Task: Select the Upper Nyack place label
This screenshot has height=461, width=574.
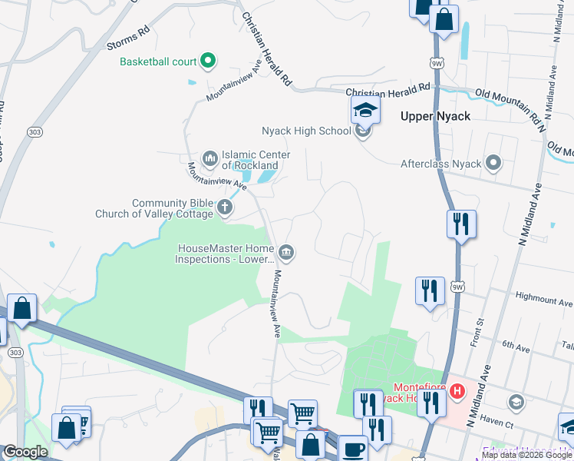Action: click(435, 116)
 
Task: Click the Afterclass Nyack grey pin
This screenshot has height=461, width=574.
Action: click(493, 163)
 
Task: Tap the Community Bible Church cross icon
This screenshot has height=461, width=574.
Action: click(225, 207)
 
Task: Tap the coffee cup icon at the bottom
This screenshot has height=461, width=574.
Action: click(353, 449)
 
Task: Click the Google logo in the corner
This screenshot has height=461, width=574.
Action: click(25, 452)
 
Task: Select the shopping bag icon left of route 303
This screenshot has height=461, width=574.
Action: click(22, 308)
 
